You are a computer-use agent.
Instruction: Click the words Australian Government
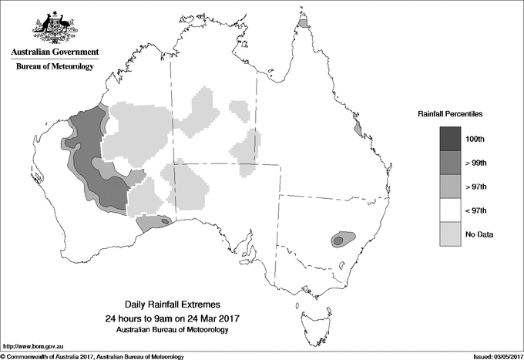[55, 52]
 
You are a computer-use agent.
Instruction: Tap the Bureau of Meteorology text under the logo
[55, 67]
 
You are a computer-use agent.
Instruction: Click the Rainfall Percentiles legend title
[450, 113]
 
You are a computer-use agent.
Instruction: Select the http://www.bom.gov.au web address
[33, 346]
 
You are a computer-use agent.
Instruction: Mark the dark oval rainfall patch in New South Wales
[338, 240]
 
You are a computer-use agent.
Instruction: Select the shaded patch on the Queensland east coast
[357, 126]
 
